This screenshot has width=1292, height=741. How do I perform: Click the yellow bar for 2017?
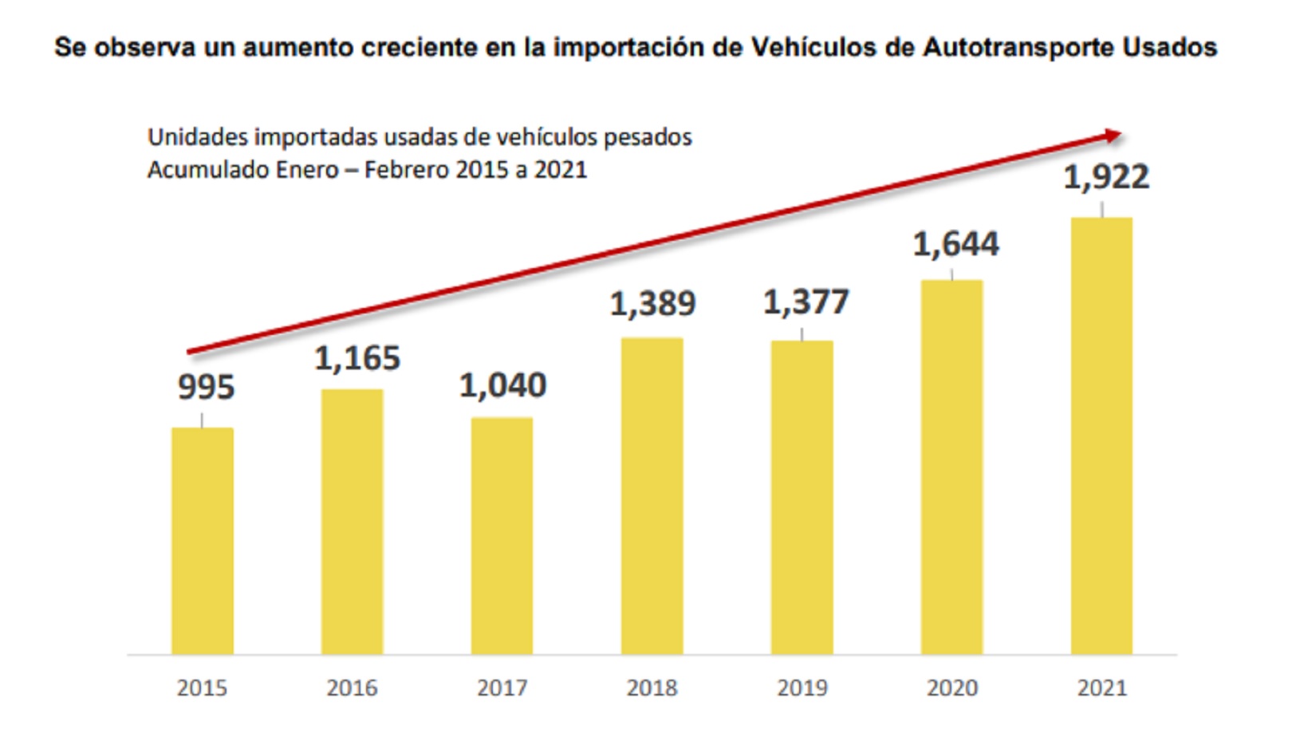[502, 536]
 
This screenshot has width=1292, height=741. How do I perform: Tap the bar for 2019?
[802, 498]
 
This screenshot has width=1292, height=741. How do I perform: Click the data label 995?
[206, 388]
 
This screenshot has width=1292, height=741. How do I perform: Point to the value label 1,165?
[357, 359]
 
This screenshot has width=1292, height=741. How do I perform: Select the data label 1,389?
[653, 304]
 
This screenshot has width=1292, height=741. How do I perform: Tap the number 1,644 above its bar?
[955, 244]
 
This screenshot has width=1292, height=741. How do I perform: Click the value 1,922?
[1106, 177]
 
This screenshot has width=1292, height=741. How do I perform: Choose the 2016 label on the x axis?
[352, 688]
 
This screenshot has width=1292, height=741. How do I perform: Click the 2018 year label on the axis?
[652, 688]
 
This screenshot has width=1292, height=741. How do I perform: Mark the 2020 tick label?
[951, 688]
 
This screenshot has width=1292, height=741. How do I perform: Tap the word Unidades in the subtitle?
[197, 137]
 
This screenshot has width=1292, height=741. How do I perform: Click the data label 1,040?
[502, 386]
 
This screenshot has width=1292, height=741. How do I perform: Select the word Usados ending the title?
[1170, 48]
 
